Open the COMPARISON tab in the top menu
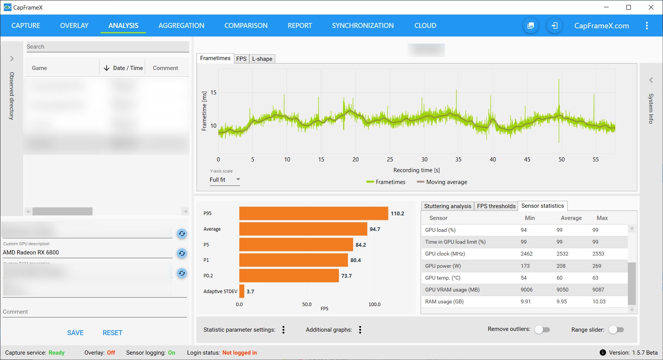point(246,26)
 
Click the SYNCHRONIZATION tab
point(362,26)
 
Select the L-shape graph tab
point(262,59)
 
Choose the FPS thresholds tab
point(496,206)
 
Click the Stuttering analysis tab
point(447,206)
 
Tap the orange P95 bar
point(314,213)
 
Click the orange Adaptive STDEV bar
point(242,291)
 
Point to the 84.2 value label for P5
point(361,245)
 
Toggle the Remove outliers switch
point(542,329)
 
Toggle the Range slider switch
point(616,329)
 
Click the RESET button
point(112,333)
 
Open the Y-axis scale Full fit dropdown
point(224,180)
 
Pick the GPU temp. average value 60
point(559,278)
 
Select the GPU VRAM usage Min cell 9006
point(526,290)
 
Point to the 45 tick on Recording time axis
point(527,160)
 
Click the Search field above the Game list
point(107,47)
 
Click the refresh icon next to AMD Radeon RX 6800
point(182,253)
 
